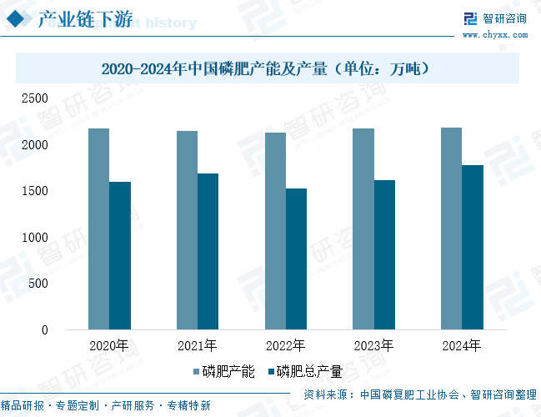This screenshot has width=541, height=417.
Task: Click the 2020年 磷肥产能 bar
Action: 98,229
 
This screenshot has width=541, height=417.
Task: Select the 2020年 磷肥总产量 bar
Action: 120,256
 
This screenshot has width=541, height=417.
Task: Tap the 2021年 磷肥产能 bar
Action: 187,230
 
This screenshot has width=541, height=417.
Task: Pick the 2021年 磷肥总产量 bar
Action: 208,252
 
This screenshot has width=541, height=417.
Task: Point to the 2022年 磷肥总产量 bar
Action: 297,259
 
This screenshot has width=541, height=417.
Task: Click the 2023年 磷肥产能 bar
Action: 363,229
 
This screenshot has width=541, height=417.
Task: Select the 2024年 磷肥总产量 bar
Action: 473,248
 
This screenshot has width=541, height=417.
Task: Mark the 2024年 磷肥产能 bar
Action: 452,229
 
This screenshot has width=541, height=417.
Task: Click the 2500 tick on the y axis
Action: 35,98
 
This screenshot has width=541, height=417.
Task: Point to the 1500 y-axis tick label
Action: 35,191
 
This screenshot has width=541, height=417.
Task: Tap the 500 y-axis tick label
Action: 38,284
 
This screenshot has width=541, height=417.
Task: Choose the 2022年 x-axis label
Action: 286,345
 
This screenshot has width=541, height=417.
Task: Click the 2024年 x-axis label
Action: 463,345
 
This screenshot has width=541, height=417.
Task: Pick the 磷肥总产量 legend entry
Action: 304,371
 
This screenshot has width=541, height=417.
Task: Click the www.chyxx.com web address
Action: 495,35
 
